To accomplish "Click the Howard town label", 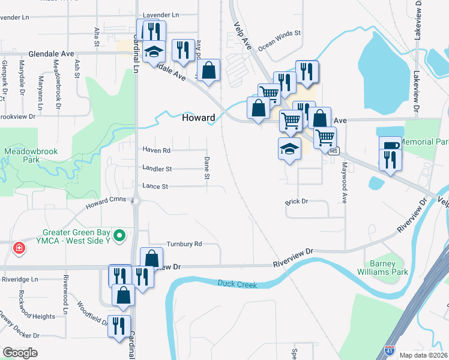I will coord(198,118).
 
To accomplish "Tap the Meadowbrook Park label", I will coord(32,156).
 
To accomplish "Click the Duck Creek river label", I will coord(237,284).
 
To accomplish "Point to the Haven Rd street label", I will coord(156,150).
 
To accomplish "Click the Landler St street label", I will coord(157,169).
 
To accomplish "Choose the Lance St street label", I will coord(155,187).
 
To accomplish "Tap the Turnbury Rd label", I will coord(184,244).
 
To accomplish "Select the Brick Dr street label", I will coord(297,202).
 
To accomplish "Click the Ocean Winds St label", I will coord(279,40).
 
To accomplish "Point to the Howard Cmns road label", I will coord(106,206).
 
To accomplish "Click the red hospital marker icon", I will coord(19,247).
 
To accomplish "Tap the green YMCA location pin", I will coord(119,235).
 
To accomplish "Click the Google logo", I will coord(20,352).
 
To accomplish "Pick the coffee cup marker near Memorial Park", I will coord(389,145).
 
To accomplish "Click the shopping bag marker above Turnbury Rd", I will coord(152,259).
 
